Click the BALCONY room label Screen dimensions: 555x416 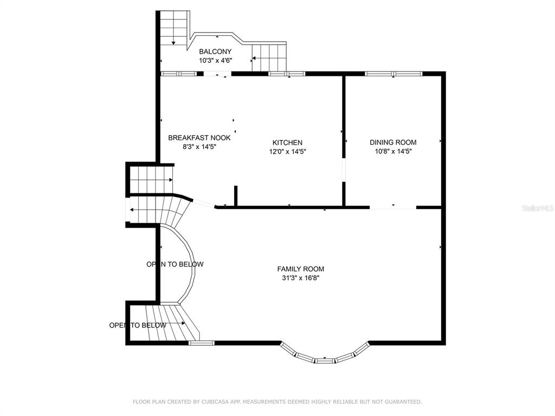(215, 51)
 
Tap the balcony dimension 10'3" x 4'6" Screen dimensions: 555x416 (215, 61)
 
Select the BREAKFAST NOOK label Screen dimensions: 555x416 (199, 138)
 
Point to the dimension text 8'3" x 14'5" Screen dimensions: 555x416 (199, 147)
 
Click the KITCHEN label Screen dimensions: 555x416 (287, 142)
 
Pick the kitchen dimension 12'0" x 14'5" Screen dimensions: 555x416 (287, 152)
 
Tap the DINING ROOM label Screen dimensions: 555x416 (393, 142)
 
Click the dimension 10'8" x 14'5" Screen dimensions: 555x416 (393, 152)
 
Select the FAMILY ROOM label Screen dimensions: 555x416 (300, 269)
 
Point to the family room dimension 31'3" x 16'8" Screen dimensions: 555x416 (300, 278)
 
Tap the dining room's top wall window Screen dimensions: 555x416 (393, 74)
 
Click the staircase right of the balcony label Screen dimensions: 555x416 (269, 57)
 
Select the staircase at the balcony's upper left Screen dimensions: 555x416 (173, 28)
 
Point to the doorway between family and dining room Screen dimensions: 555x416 (393, 207)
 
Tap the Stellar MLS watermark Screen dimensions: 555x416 (538, 209)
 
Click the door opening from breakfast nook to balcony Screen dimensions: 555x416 (217, 74)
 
